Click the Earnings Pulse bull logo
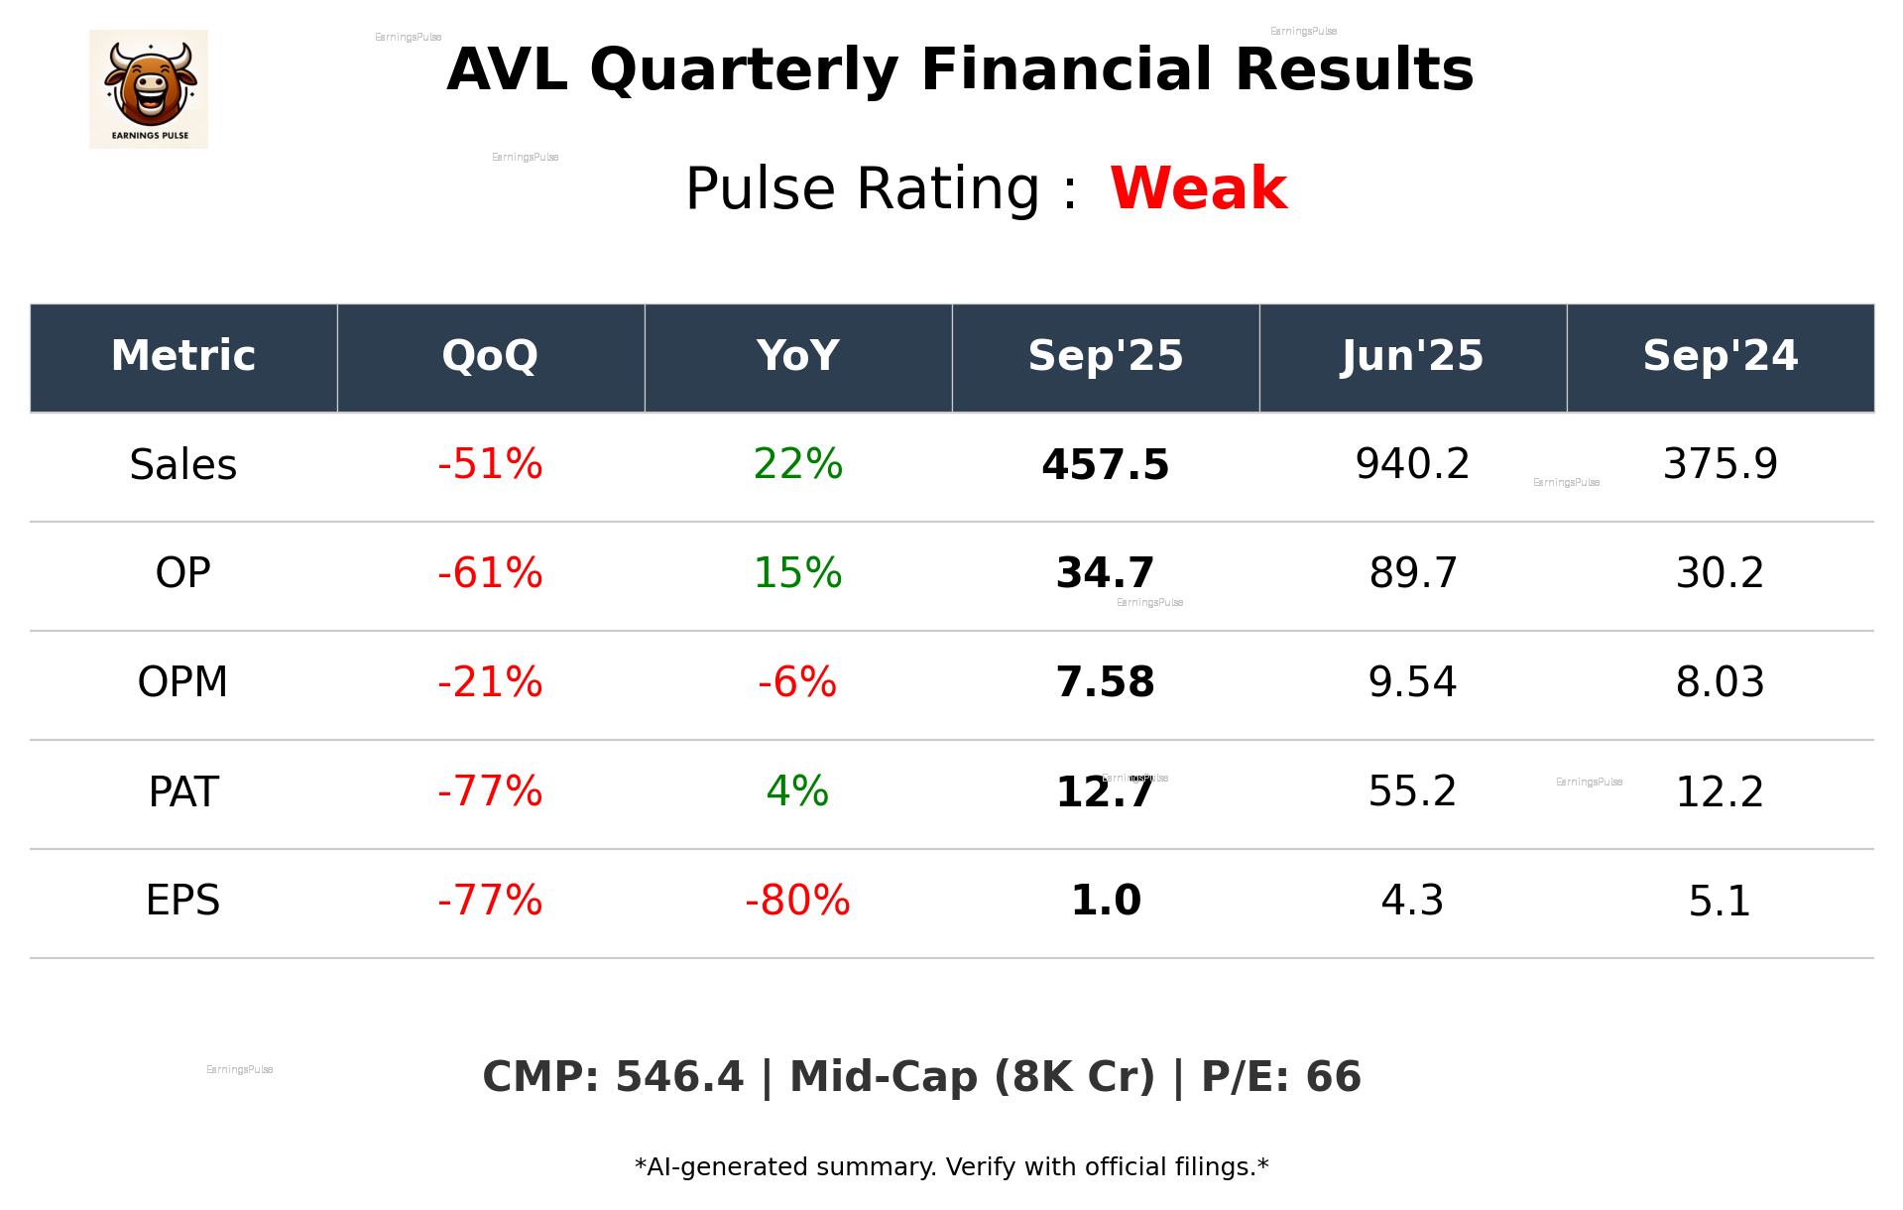[149, 88]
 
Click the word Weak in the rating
[1198, 188]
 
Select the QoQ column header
[490, 356]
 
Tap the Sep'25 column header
[1105, 356]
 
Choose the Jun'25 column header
[1412, 356]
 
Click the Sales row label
[183, 465]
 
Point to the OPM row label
[183, 682]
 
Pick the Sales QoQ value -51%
[490, 465]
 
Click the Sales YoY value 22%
[797, 465]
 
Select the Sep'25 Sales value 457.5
[1105, 465]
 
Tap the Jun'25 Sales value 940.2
[1412, 464]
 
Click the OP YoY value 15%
[797, 573]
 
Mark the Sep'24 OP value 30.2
[1720, 573]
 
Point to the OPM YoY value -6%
[797, 682]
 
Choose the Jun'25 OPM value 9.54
[1412, 682]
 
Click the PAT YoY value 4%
[797, 791]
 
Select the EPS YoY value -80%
[797, 901]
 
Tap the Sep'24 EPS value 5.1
[1720, 901]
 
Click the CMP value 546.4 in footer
[679, 1077]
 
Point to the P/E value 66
[1333, 1077]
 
